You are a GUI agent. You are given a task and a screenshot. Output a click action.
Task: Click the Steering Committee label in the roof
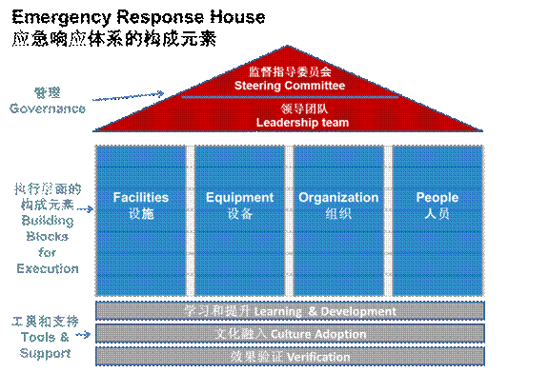pos(289,86)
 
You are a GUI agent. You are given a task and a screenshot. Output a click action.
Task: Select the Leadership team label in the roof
pos(302,122)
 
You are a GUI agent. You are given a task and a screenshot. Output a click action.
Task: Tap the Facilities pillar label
pos(140,198)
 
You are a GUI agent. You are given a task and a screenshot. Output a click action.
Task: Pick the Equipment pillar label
pos(239,198)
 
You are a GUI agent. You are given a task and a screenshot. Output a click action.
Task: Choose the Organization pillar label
pos(338,198)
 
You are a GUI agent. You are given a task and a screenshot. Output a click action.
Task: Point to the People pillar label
pos(437,198)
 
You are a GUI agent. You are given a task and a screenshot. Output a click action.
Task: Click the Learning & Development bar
pos(289,312)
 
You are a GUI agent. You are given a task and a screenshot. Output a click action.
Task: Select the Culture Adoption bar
pos(289,334)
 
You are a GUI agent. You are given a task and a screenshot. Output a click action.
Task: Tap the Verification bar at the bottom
pos(289,357)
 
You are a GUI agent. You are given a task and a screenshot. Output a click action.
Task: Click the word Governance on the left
pos(48,108)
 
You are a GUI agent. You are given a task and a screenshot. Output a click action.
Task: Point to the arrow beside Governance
pos(130,96)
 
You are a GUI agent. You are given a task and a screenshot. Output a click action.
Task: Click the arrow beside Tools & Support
pos(83,335)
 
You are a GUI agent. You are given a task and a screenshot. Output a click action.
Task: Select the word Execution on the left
pos(48,268)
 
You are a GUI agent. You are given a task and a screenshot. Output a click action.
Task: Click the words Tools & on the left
pos(44,338)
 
